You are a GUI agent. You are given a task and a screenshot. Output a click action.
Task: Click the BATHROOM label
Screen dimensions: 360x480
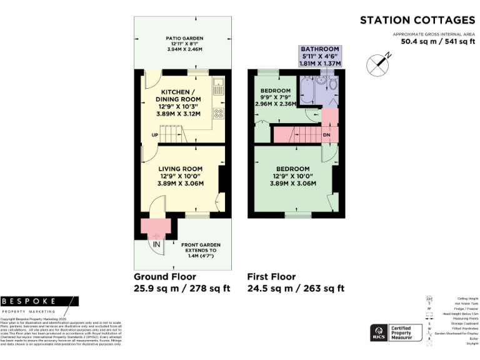pos(319,49)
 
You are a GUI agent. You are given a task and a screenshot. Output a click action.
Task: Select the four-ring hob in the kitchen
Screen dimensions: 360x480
pos(219,114)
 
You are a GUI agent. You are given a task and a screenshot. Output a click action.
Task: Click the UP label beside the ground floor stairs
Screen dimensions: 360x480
pos(154,134)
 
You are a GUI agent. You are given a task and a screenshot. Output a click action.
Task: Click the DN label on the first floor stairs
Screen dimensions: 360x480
pos(326,134)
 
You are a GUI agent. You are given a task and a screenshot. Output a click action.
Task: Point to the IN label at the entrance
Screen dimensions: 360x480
pos(156,244)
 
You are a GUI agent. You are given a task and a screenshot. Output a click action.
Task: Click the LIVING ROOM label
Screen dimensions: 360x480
pos(180,169)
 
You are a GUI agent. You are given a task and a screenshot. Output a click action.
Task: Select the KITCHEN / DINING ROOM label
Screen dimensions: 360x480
pos(177,96)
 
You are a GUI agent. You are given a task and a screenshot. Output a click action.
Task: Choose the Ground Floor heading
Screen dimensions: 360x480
pos(165,276)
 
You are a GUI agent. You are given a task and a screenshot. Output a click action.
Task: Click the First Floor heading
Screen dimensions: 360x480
pos(272,276)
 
